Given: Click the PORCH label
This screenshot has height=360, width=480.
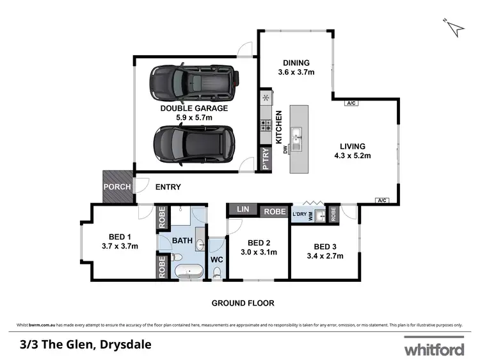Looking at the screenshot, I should pos(118,187).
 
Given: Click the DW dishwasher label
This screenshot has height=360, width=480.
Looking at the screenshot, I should pos(285,151).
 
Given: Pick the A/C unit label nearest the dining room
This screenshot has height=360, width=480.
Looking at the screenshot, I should pos(350,103).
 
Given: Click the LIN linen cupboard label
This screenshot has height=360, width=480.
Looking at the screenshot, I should pos(243,209).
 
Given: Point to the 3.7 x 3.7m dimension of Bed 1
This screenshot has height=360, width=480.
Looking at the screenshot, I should pos(120,245).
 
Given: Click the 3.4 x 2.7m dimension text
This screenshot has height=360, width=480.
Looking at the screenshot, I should pos(325,256).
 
